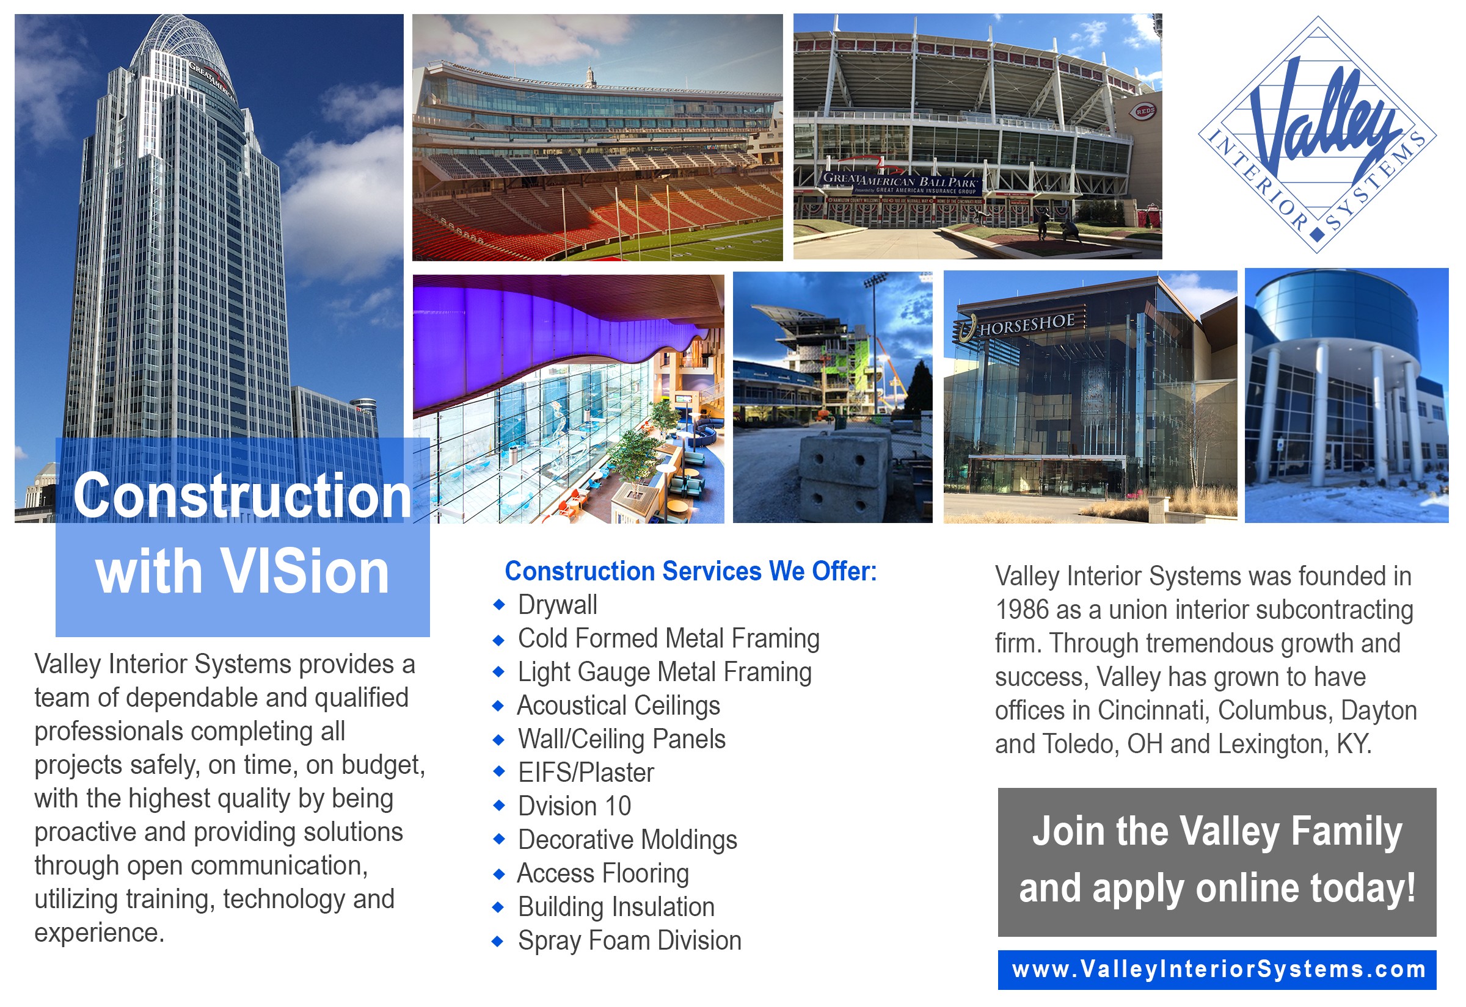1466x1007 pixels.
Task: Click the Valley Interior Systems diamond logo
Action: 1317,134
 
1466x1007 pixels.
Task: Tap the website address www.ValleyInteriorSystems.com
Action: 1219,969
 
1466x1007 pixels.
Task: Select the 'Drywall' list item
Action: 558,604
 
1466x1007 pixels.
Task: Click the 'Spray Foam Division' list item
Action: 629,940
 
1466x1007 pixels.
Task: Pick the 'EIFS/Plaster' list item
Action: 586,772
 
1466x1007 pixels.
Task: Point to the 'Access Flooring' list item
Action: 603,873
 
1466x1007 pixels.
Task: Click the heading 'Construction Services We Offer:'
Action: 691,571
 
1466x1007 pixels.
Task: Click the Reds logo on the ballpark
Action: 1145,111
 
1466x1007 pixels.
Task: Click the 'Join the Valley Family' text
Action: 1217,831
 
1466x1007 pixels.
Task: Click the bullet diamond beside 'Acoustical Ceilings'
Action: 499,706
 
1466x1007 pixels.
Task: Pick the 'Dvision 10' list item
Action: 575,806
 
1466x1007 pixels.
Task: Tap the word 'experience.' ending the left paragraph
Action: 99,933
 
